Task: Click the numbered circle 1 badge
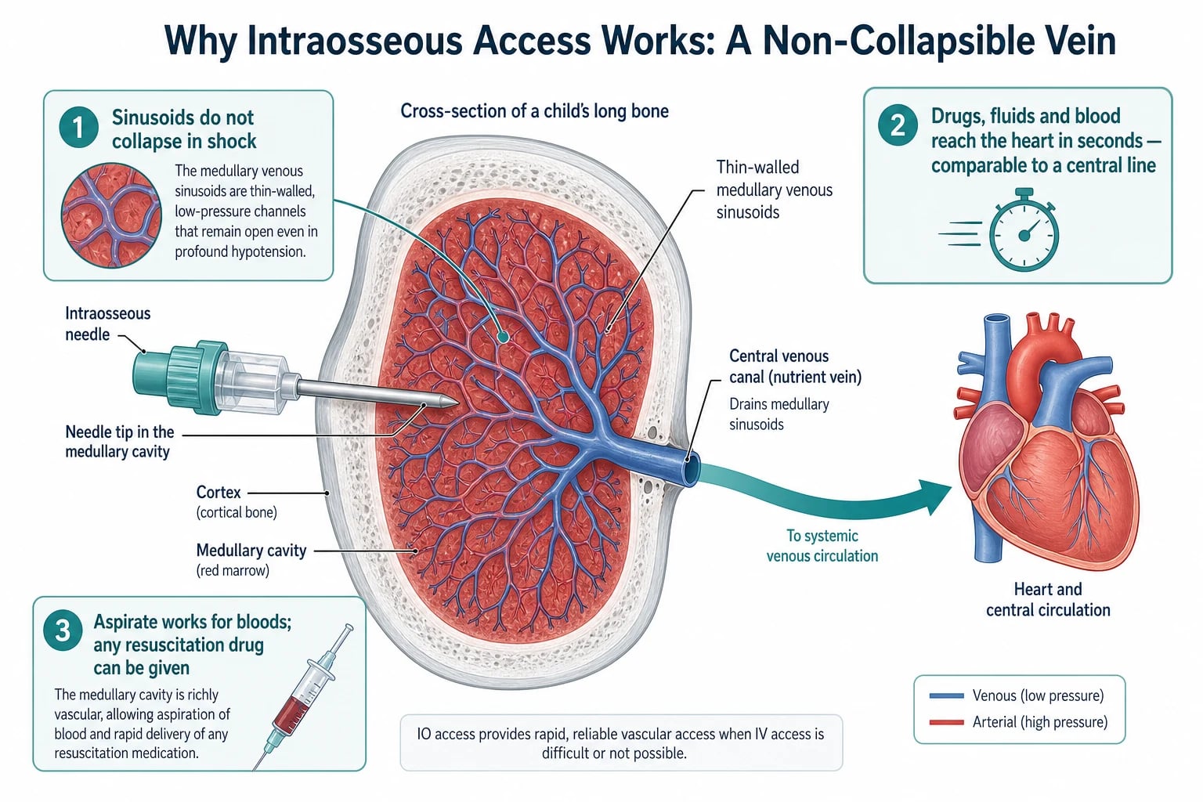pyautogui.click(x=78, y=128)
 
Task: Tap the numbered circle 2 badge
pyautogui.click(x=898, y=125)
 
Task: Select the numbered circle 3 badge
pyautogui.click(x=63, y=630)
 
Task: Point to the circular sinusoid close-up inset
pyautogui.click(x=111, y=215)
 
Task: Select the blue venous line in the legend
pyautogui.click(x=946, y=695)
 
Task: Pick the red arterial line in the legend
pyautogui.click(x=946, y=722)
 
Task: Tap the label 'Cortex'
pyautogui.click(x=219, y=492)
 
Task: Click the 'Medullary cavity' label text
pyautogui.click(x=251, y=550)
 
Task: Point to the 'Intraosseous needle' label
pyautogui.click(x=108, y=323)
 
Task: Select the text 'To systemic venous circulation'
pyautogui.click(x=822, y=545)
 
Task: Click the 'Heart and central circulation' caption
pyautogui.click(x=1048, y=599)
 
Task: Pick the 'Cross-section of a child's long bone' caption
pyautogui.click(x=534, y=111)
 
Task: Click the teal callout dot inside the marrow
pyautogui.click(x=504, y=337)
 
